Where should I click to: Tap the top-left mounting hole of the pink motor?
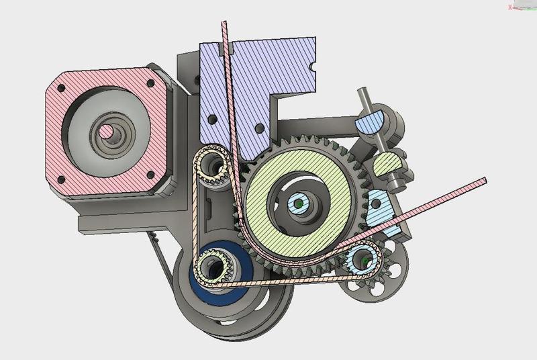61,88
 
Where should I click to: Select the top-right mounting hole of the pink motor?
150,84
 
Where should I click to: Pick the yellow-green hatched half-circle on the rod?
387,164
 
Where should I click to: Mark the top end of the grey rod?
363,92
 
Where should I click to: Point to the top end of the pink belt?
224,26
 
